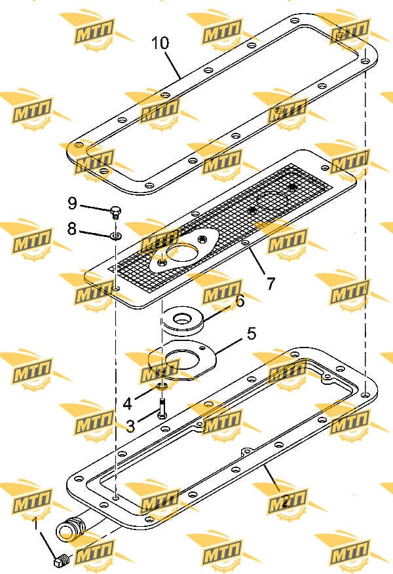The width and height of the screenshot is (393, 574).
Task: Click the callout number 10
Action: (160, 43)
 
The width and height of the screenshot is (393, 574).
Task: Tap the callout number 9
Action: (72, 203)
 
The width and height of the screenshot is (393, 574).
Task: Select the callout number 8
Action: (72, 229)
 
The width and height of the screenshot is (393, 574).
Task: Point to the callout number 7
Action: (271, 283)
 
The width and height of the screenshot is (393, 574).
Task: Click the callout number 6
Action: (240, 301)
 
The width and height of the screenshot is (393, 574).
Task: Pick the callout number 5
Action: (252, 334)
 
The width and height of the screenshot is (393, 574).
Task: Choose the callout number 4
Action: (127, 403)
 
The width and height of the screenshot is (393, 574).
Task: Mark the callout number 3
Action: (130, 425)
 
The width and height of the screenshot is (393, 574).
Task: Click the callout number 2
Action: (286, 500)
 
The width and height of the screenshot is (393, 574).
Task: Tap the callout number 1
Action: (36, 524)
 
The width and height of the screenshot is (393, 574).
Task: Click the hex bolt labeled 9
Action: (115, 213)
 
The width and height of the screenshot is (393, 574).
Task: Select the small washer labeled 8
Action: (116, 236)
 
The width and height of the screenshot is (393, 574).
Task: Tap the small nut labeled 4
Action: (162, 386)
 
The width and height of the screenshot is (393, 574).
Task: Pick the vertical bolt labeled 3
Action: (162, 409)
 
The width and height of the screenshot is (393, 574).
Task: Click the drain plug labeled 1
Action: (61, 560)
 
